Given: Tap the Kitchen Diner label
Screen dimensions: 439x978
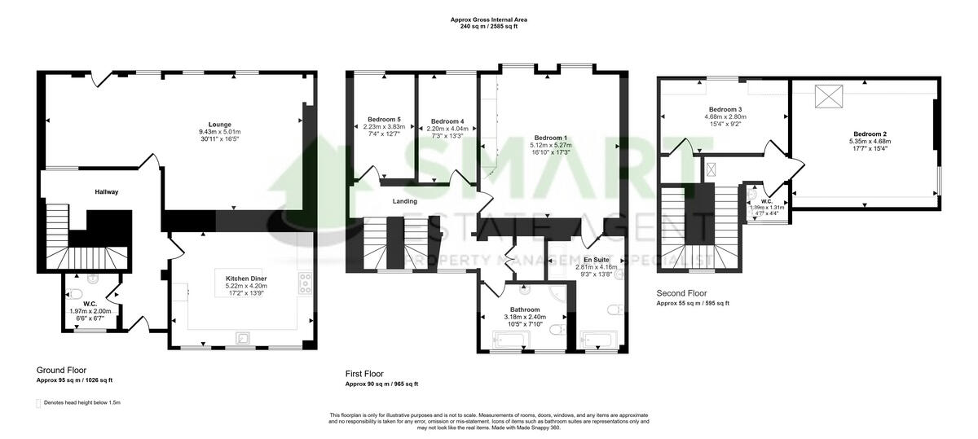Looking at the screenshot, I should pyautogui.click(x=246, y=279).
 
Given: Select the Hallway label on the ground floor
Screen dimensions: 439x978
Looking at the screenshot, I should pyautogui.click(x=105, y=192).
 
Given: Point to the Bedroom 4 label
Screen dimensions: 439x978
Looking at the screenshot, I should pyautogui.click(x=447, y=122).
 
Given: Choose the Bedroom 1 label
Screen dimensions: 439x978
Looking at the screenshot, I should pyautogui.click(x=551, y=138).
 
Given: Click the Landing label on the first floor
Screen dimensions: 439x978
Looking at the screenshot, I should pyautogui.click(x=405, y=201).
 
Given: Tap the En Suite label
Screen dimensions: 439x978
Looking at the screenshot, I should pyautogui.click(x=586, y=260).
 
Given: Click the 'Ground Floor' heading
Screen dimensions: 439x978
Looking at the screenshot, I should pyautogui.click(x=62, y=370).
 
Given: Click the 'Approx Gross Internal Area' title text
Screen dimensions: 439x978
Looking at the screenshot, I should pyautogui.click(x=489, y=20).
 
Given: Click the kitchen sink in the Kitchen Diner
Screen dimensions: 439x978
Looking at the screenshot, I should pyautogui.click(x=242, y=338).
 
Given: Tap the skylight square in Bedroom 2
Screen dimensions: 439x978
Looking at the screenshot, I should pyautogui.click(x=830, y=97).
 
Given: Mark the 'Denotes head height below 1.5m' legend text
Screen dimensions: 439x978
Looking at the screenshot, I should pyautogui.click(x=81, y=402).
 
